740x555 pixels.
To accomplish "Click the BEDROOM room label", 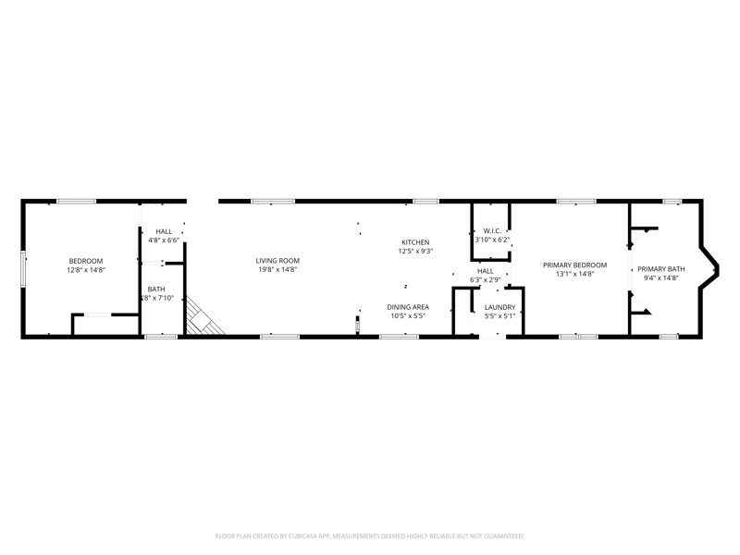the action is pyautogui.click(x=86, y=261).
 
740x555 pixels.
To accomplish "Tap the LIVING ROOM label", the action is pyautogui.click(x=277, y=261).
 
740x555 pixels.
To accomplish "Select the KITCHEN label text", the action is pyautogui.click(x=415, y=242).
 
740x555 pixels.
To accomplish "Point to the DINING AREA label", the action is pyautogui.click(x=408, y=307).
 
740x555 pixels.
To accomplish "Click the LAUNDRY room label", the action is pyautogui.click(x=499, y=307).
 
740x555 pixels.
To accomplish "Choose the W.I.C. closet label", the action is pyautogui.click(x=492, y=231).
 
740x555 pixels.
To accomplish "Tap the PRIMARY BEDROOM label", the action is pyautogui.click(x=574, y=265).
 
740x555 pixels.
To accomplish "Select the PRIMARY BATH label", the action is pyautogui.click(x=660, y=269).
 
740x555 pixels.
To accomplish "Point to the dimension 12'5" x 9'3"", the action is pyautogui.click(x=415, y=252).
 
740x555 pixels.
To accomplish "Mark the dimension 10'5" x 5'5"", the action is pyautogui.click(x=408, y=316).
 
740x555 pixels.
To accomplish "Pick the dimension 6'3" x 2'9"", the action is pyautogui.click(x=485, y=280).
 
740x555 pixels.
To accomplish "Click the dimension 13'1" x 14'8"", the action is pyautogui.click(x=574, y=274).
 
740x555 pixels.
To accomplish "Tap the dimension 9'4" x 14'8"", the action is pyautogui.click(x=660, y=278).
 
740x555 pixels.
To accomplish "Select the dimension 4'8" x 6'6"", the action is pyautogui.click(x=164, y=240).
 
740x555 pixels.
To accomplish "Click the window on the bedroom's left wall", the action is pyautogui.click(x=22, y=269).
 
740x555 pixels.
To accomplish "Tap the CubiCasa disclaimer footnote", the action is pyautogui.click(x=369, y=536).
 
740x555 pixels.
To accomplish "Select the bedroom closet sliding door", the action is pyautogui.click(x=98, y=314).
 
